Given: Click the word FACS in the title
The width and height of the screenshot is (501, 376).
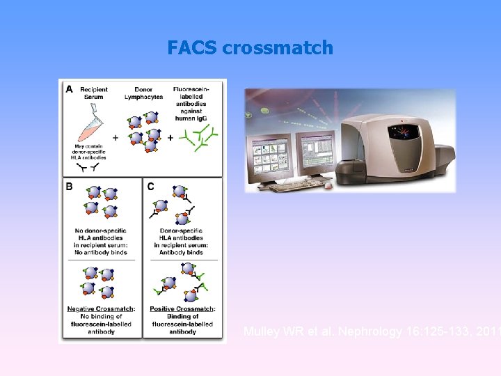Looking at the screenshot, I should (192, 48).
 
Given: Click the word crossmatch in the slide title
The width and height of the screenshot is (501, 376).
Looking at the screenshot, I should (278, 48).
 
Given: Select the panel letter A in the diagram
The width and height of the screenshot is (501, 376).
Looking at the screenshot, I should (69, 88).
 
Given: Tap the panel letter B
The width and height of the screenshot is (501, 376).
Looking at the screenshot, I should (69, 186).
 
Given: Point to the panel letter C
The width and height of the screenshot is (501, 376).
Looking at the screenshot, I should (150, 186).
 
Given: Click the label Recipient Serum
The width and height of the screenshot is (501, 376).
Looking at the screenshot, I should (93, 93).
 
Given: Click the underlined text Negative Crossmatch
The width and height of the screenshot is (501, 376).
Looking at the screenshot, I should (101, 308).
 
